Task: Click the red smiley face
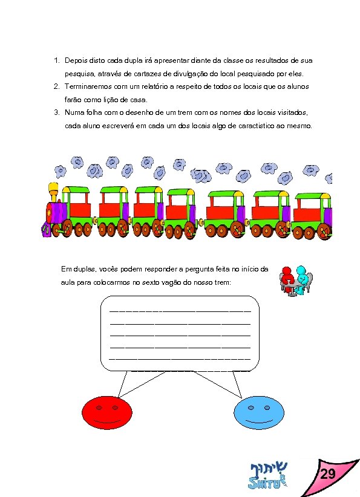tap(106, 411)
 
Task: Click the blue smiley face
tap(258, 411)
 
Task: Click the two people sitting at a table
tap(295, 279)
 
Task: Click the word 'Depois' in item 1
tap(76, 61)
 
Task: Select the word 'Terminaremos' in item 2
tap(88, 86)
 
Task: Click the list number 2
tap(56, 86)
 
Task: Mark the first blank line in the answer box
tap(180, 310)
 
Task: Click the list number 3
tap(56, 112)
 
